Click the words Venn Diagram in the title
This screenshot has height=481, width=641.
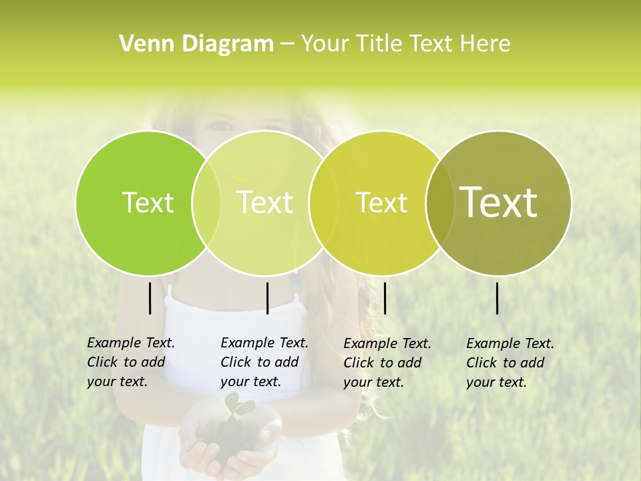point(196,44)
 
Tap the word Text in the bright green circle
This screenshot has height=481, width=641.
point(148,202)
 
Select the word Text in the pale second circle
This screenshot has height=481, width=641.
point(265,202)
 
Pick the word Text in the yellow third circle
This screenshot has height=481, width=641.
point(382,202)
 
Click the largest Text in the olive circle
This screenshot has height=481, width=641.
point(499,202)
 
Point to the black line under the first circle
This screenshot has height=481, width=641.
point(150,298)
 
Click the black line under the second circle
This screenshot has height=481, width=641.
point(267,298)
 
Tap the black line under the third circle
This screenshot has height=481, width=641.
point(385,298)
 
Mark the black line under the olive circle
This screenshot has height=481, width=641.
point(497,298)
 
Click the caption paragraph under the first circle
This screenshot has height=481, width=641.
point(130,362)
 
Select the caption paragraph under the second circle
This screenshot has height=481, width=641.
point(264,362)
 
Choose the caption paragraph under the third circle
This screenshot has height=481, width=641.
point(387,363)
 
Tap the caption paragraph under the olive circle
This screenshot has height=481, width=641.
point(509,363)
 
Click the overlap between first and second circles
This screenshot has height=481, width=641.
point(206,202)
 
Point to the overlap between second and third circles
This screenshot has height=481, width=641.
point(323,202)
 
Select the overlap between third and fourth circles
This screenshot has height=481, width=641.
point(440,202)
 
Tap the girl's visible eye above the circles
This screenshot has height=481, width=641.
point(222,125)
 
